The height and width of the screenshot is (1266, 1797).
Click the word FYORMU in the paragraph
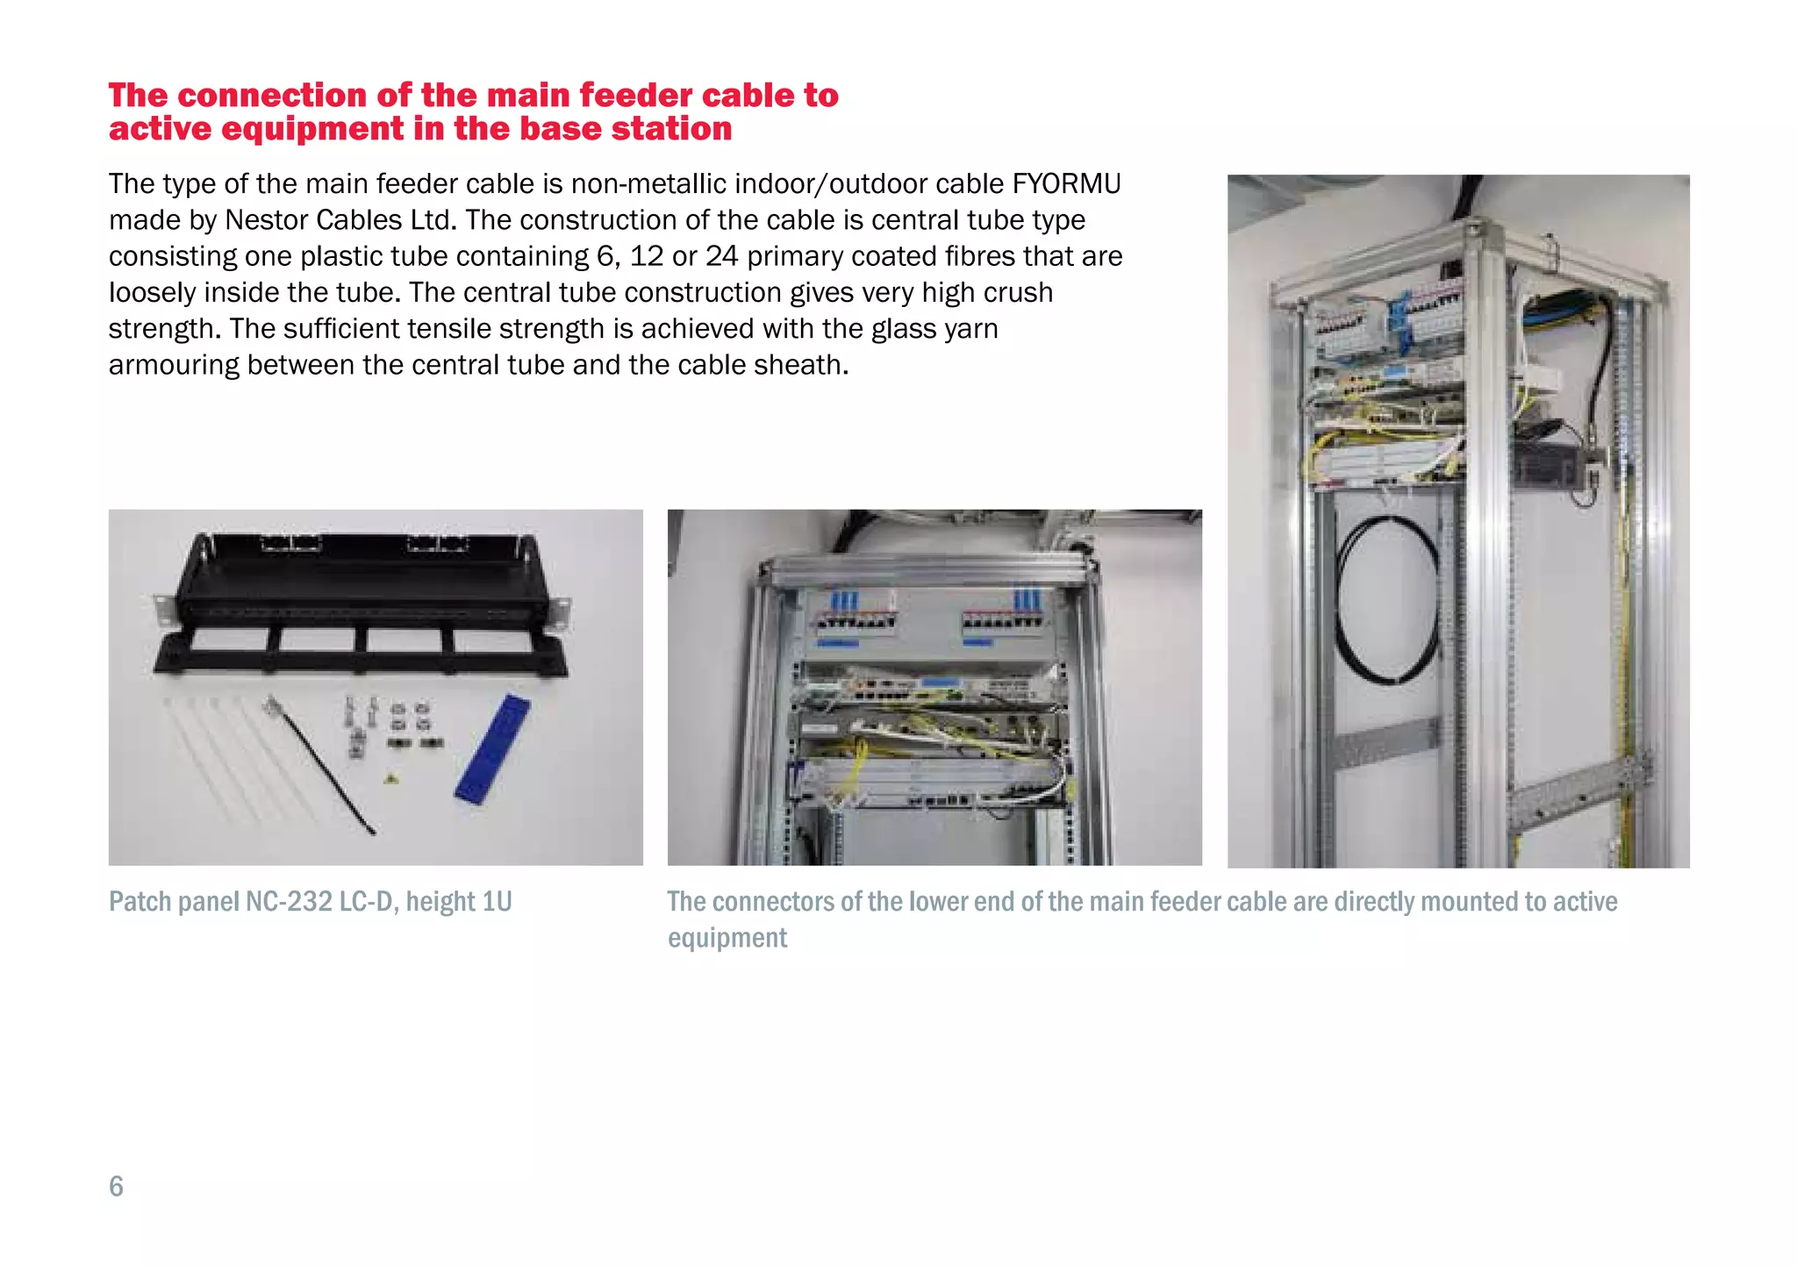[x=1066, y=184]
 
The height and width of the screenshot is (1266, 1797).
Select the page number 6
[x=116, y=1186]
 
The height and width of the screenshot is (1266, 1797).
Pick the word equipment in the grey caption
[x=727, y=939]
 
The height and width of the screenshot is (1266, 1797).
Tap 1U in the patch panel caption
[x=497, y=902]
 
